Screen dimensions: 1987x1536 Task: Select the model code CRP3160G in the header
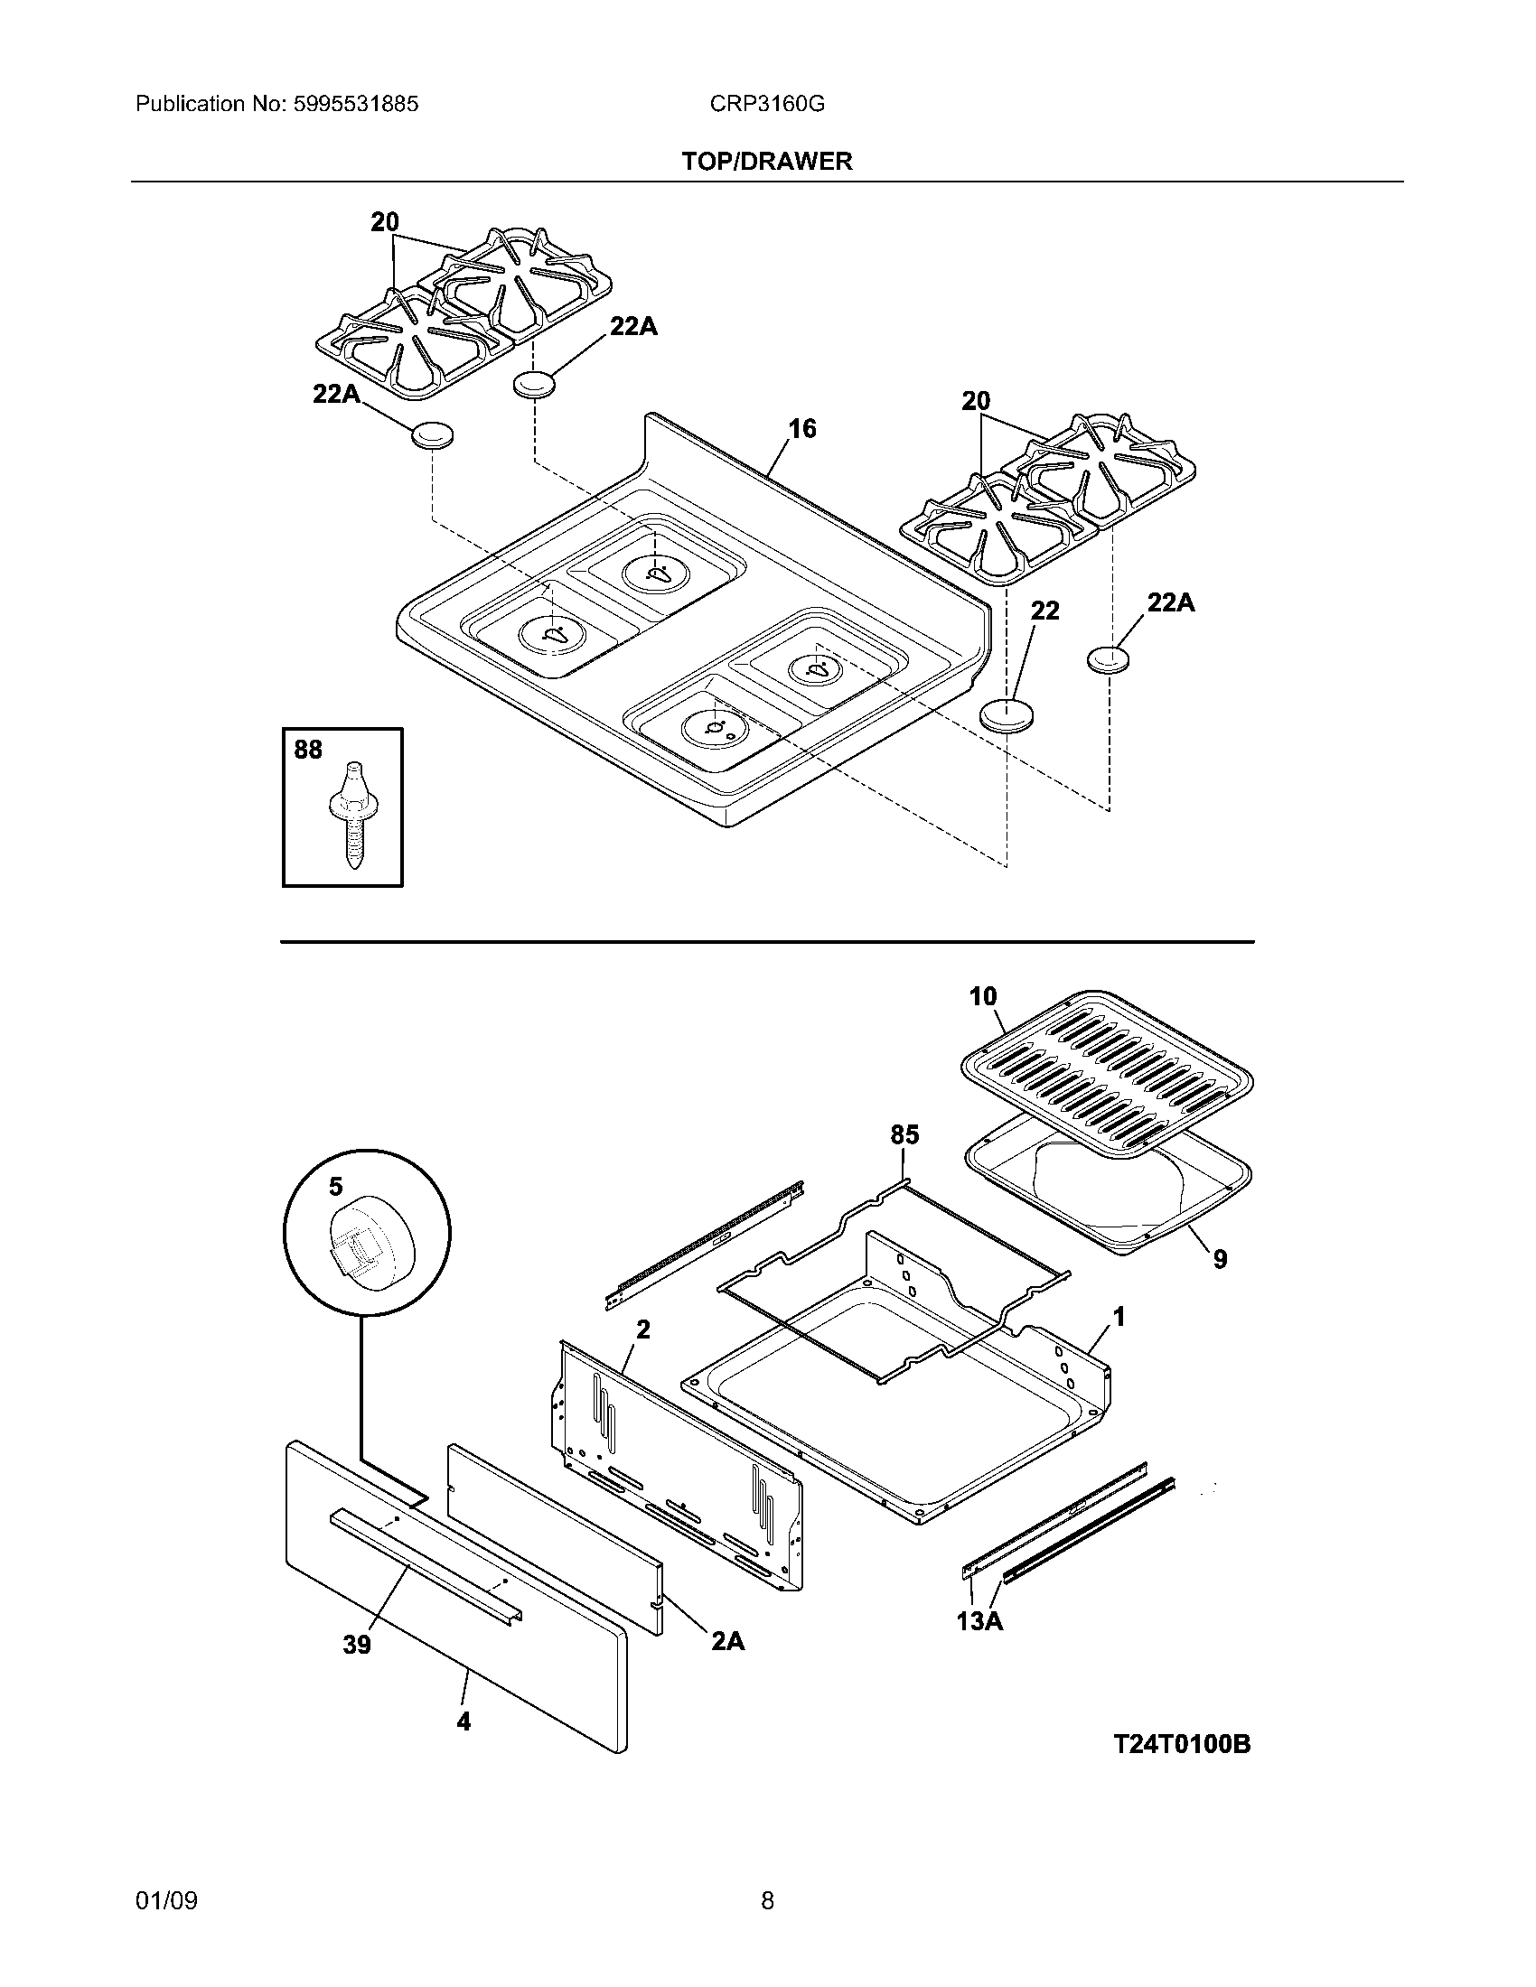(x=767, y=104)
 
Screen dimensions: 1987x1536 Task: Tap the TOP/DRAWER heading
(x=767, y=162)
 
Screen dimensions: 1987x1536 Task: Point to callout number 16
(x=801, y=427)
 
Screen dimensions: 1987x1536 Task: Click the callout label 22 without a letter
(x=1044, y=611)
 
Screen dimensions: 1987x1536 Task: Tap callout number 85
(x=904, y=1134)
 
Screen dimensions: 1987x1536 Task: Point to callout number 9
(x=1220, y=1259)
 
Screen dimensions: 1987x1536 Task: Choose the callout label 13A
(x=979, y=1621)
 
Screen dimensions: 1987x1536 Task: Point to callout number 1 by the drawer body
(x=1119, y=1317)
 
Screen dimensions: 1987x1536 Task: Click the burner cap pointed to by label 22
(x=1007, y=714)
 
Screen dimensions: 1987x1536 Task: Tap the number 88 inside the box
(x=308, y=750)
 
